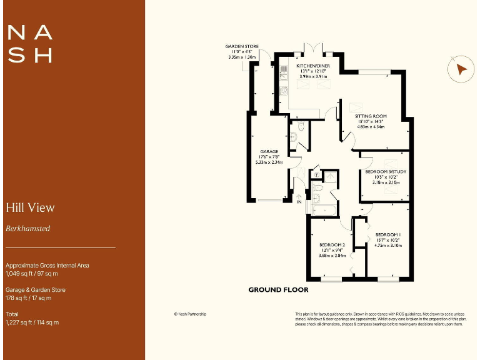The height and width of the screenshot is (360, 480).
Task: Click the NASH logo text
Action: click(x=29, y=43)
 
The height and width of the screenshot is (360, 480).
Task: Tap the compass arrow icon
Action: click(x=461, y=69)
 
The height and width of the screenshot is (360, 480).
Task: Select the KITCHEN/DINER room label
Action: click(x=312, y=65)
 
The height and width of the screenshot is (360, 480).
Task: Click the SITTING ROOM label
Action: click(x=371, y=116)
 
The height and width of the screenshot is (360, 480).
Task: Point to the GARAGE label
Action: click(x=269, y=151)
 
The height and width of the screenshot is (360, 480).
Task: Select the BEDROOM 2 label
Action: click(x=332, y=244)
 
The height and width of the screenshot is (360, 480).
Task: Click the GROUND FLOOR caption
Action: click(x=278, y=289)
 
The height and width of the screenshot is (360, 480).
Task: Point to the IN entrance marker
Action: click(x=299, y=202)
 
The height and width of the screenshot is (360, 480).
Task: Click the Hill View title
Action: click(x=30, y=207)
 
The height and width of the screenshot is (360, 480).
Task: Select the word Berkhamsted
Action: click(x=27, y=229)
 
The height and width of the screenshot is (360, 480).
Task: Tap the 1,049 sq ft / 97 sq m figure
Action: click(x=32, y=274)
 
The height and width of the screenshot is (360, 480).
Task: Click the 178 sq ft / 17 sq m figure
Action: click(x=28, y=298)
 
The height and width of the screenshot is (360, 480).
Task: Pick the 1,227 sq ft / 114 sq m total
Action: click(x=32, y=322)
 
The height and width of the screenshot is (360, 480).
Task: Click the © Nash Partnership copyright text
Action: click(x=190, y=314)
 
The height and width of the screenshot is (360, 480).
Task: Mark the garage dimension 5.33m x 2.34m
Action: click(x=269, y=162)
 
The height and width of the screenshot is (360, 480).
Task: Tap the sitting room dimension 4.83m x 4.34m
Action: click(x=371, y=127)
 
